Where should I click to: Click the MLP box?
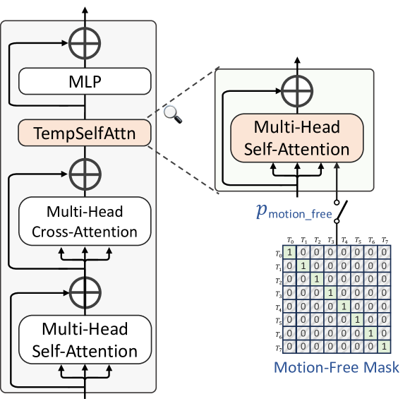point(85,82)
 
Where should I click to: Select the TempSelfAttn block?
point(85,131)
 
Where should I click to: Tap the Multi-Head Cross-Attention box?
point(85,221)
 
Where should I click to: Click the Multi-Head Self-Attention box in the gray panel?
point(85,340)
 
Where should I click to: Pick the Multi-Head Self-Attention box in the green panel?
point(297,138)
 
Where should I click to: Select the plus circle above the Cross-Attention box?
point(85,172)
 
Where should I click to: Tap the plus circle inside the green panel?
point(297,89)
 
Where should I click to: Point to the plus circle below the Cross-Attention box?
point(85,290)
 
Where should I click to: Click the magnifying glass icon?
point(170,112)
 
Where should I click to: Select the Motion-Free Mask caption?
point(336,367)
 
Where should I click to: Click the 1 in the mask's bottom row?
point(383,347)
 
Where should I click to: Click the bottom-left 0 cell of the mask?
point(289,347)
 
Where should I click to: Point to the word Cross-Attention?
point(85,231)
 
